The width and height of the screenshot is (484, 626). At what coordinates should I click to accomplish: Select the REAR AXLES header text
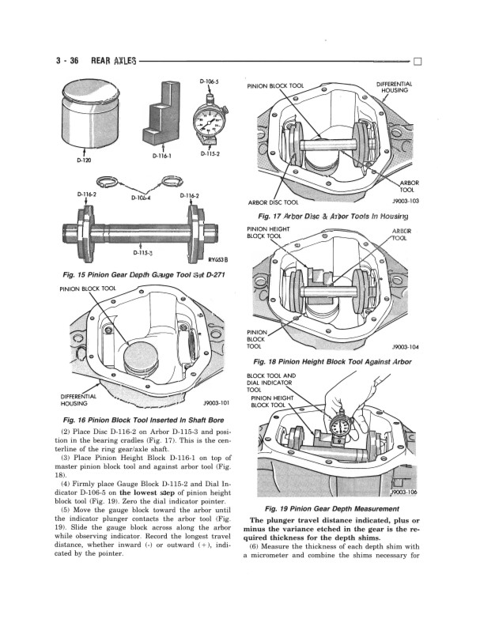point(114,61)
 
